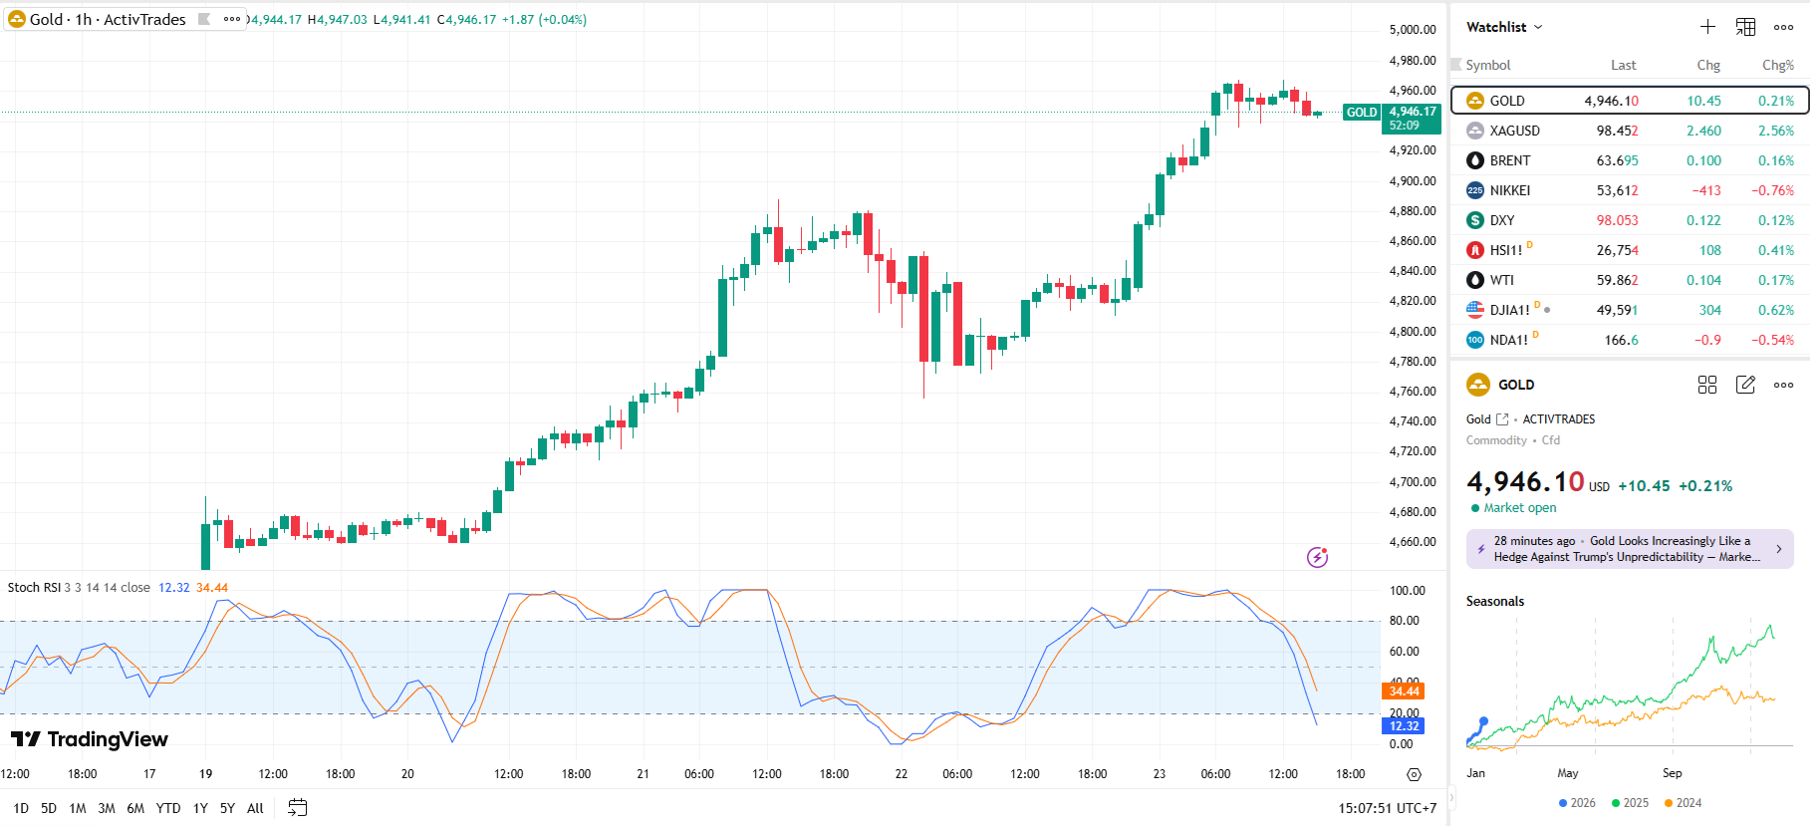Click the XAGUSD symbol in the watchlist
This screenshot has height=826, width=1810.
click(1514, 131)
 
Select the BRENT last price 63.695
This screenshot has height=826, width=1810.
click(1617, 160)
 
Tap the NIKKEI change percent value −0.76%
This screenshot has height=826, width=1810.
click(1772, 190)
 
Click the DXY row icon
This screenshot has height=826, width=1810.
click(1475, 220)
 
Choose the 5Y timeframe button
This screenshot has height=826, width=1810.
click(227, 808)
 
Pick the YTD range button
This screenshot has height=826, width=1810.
click(168, 808)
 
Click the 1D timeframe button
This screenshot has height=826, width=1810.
click(21, 808)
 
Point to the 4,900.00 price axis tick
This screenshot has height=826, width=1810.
click(1413, 181)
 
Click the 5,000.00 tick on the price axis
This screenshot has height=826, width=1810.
click(1413, 30)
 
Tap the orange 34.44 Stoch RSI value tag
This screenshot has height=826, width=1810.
click(1404, 690)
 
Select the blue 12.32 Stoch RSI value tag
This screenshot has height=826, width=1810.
click(1404, 725)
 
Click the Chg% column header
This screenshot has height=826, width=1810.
click(1777, 65)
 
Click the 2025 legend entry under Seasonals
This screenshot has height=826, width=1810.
click(1630, 803)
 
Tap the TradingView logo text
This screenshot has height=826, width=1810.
click(90, 739)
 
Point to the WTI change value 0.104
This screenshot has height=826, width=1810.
click(1703, 280)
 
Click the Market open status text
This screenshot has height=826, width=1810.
click(1519, 508)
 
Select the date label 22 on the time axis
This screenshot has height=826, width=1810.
click(902, 773)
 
